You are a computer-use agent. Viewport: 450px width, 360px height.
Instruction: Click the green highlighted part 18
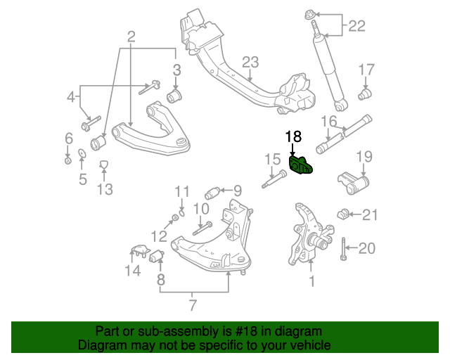click(302, 166)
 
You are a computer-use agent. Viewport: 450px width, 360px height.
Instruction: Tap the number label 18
click(292, 136)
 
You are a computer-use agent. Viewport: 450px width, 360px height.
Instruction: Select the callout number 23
click(250, 62)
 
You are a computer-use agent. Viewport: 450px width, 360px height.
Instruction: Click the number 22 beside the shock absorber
click(356, 27)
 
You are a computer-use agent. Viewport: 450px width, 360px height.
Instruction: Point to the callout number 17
click(367, 70)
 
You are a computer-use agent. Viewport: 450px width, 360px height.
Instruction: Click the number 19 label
click(363, 156)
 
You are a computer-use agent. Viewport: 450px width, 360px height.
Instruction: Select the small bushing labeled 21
click(344, 213)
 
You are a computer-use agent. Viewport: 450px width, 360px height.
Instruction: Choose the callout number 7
click(192, 304)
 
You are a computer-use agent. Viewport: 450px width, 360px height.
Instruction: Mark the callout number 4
click(70, 96)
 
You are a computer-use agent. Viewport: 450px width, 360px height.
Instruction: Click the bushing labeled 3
click(175, 94)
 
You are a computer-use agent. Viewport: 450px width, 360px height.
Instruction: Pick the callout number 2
click(131, 35)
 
